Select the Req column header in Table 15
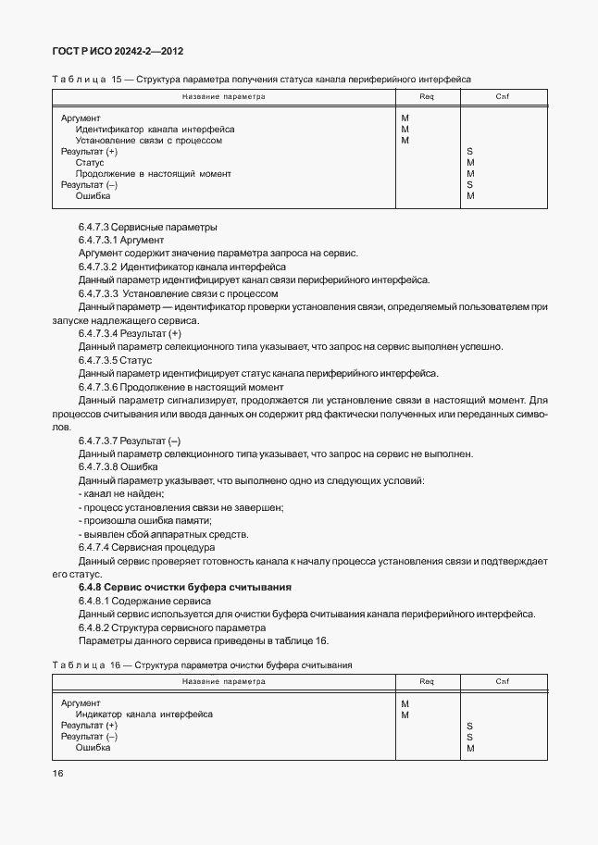coord(427,96)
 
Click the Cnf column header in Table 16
coord(503,681)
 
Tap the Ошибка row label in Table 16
coord(93,747)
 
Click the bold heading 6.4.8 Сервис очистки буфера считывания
coord(185,587)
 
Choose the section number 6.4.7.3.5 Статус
coord(115,360)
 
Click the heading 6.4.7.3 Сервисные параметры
coord(147,227)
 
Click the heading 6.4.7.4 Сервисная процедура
coord(146,547)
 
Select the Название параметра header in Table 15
coord(223,96)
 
